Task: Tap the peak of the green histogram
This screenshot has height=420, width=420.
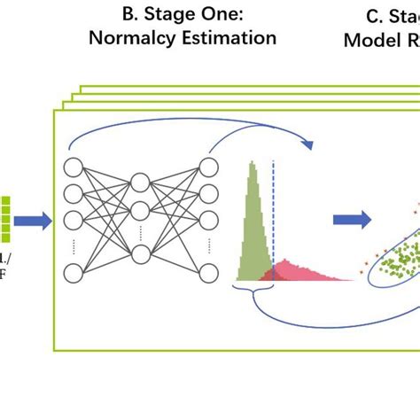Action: (x=253, y=165)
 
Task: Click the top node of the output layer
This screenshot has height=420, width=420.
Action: (x=209, y=167)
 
